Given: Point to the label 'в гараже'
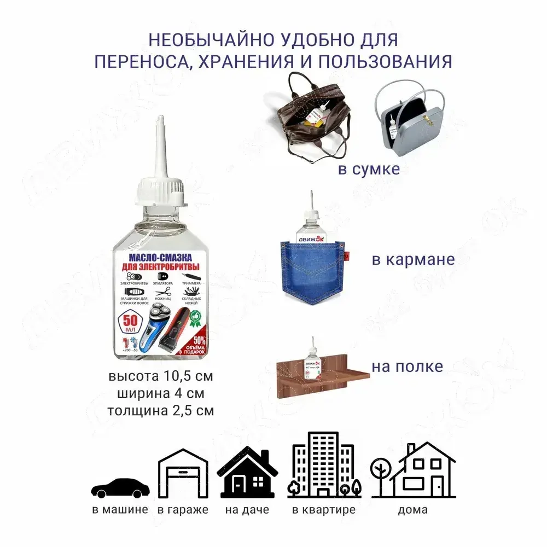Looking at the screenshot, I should [x=183, y=510].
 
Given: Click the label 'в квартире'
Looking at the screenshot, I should [x=324, y=510].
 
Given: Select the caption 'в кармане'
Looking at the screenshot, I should [x=413, y=259].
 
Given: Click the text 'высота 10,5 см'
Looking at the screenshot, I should [x=160, y=377].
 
